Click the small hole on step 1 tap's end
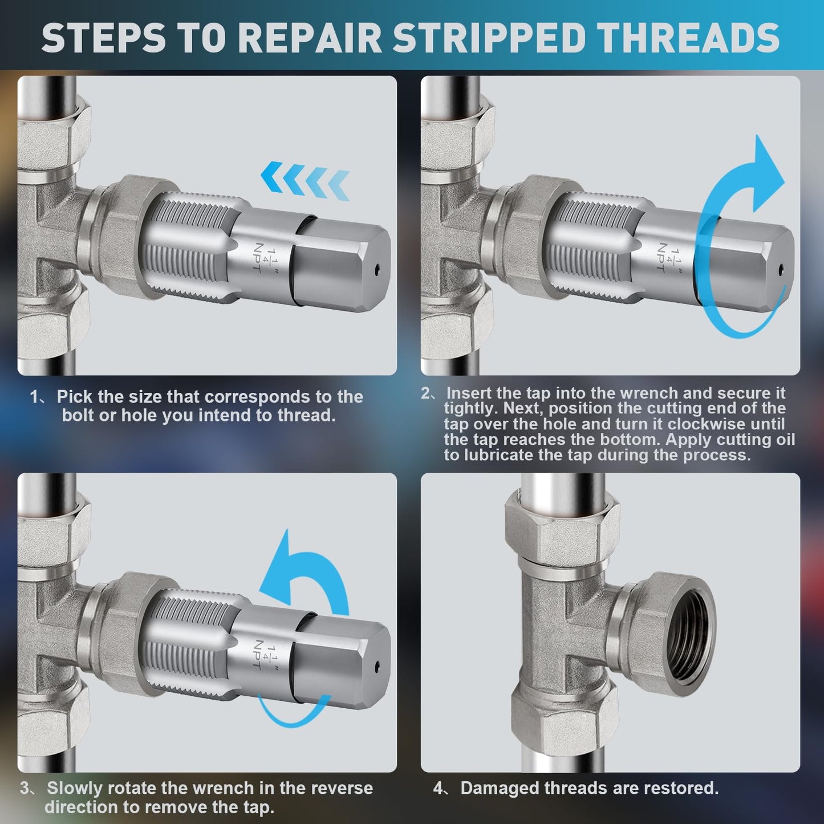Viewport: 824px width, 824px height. coord(378,269)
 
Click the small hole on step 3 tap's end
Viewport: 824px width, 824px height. coord(378,665)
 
